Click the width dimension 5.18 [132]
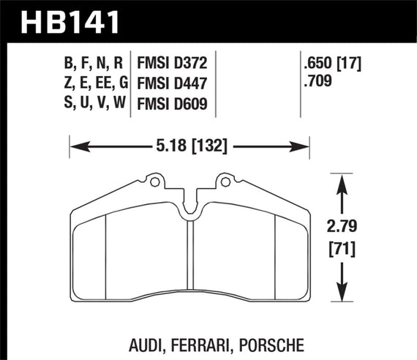pyautogui.click(x=189, y=146)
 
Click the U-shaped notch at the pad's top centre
pyautogui.click(x=189, y=209)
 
